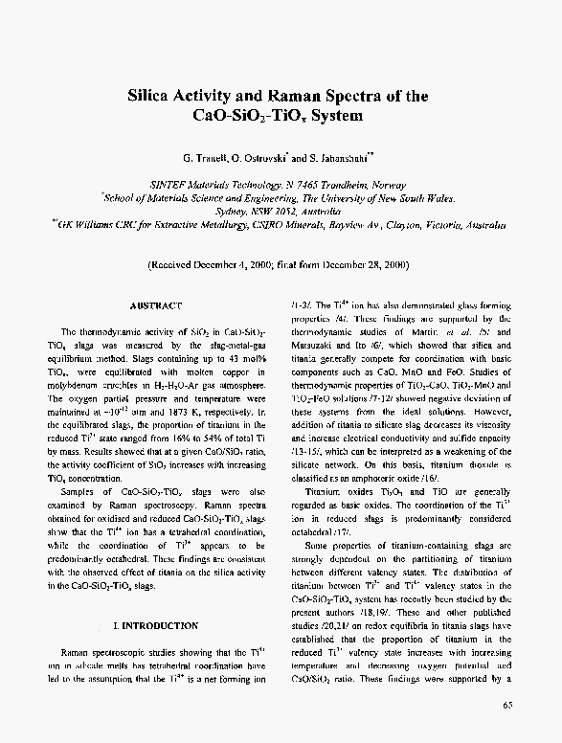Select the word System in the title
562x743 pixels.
330,117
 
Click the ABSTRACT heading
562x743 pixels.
154,304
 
